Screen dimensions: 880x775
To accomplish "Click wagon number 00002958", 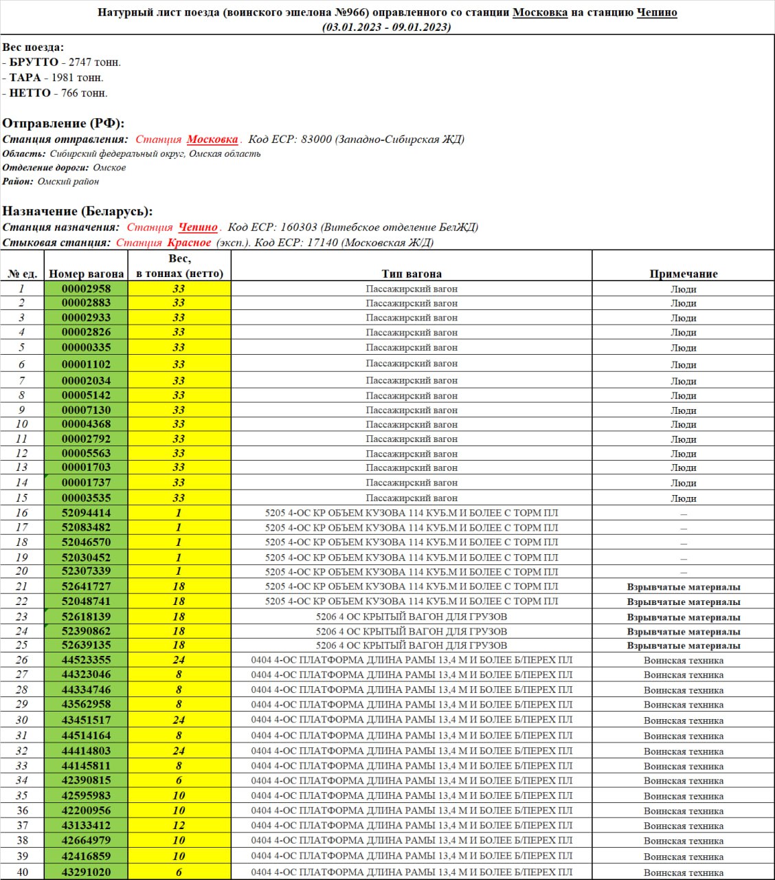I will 86,289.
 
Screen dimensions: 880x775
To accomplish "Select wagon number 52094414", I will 86,513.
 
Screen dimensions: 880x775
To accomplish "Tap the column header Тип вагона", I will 411,274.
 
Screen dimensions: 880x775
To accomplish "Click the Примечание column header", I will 683,274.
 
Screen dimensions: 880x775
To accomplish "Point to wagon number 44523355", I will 86,660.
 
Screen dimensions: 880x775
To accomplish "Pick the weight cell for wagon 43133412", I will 179,826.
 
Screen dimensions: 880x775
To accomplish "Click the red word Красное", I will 189,243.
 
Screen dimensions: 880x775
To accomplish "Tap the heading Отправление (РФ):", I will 63,124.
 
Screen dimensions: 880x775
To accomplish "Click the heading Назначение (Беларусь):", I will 78,211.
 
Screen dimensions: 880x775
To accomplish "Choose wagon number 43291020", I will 86,872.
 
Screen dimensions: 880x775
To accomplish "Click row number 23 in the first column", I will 22,617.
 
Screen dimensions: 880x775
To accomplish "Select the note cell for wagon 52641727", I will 683,587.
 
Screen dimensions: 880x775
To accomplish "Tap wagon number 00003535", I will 86,498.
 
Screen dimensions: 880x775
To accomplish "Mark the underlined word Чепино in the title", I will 656,12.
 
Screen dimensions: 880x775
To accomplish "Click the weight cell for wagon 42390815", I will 179,780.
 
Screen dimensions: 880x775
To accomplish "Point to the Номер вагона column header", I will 86,274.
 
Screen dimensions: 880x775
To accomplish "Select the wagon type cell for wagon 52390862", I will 411,631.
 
